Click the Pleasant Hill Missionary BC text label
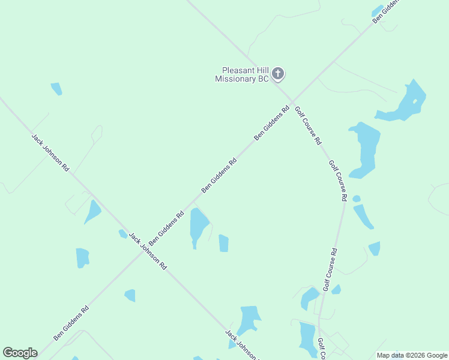[243, 74]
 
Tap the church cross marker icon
[277, 74]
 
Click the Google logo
[20, 353]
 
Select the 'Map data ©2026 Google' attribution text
[412, 355]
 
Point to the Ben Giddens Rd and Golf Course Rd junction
[292, 101]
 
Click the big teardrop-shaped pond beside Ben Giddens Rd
[198, 225]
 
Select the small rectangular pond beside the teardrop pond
[223, 243]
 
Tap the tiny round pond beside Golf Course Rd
[357, 199]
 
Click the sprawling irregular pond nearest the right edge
[405, 103]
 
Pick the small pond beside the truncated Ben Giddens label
[377, 11]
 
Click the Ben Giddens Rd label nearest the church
[272, 123]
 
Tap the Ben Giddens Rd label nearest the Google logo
[71, 323]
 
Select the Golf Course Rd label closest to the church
[308, 126]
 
